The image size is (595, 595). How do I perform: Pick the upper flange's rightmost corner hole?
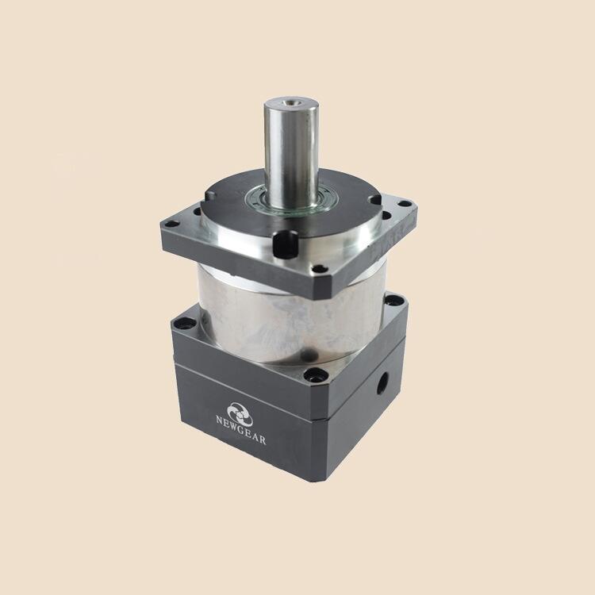point(405,204)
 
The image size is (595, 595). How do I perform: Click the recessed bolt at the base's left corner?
point(185,324)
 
